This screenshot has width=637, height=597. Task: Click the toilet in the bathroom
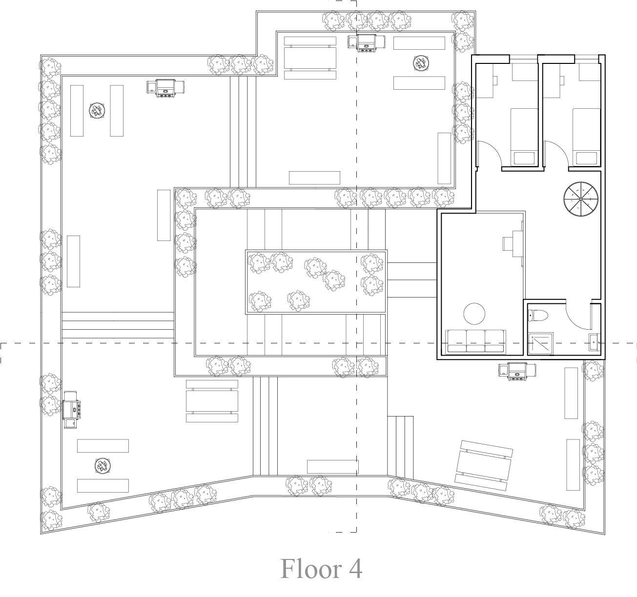coord(537,316)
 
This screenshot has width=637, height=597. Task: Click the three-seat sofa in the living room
coord(476,341)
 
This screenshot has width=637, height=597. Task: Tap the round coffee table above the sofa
coord(474,314)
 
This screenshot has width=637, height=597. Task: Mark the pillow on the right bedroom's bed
coord(586,158)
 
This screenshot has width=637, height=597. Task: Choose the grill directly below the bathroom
coord(516,371)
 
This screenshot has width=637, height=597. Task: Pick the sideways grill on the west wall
coord(70,409)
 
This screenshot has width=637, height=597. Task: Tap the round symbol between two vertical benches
coord(97,111)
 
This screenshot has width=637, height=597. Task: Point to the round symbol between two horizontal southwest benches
coord(102,466)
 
